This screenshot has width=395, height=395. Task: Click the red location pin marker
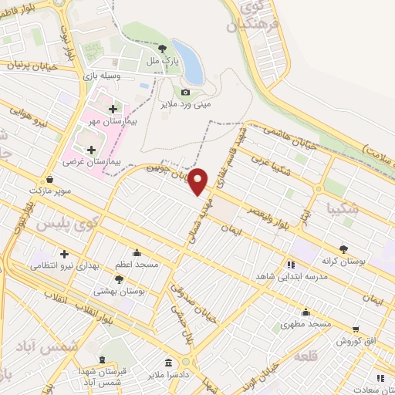point(198,180)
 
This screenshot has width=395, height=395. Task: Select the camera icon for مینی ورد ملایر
point(185,93)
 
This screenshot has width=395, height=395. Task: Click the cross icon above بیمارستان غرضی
point(91,150)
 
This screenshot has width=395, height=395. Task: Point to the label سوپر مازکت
point(49,190)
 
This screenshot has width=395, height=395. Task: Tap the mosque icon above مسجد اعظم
point(137,252)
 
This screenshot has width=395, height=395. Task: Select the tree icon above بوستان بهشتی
point(119,279)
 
